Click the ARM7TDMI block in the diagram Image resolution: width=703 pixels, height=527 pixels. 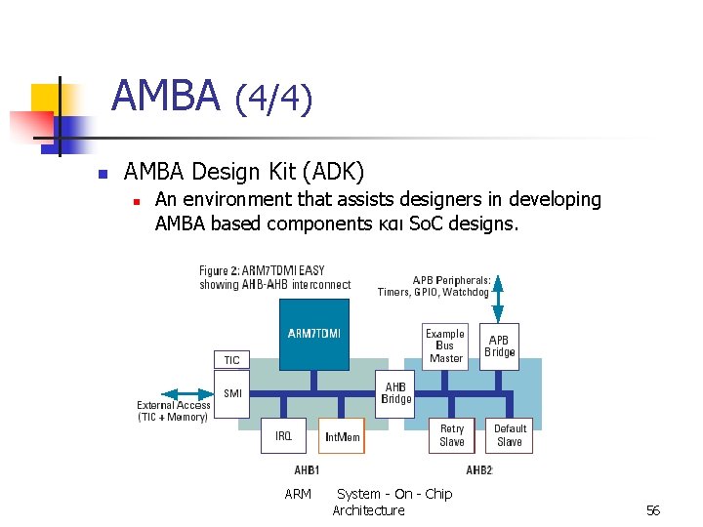click(314, 335)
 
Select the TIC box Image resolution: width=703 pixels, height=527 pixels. click(231, 360)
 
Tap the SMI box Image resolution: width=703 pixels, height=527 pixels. click(232, 394)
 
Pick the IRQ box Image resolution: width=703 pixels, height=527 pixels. click(283, 436)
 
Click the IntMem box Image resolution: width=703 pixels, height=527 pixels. click(342, 436)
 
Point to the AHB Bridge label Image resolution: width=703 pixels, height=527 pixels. click(396, 393)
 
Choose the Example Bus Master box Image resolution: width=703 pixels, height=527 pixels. click(445, 346)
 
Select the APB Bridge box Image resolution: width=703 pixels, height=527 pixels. click(500, 346)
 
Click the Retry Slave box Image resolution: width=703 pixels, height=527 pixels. click(452, 435)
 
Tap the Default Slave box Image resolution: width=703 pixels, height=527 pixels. click(510, 435)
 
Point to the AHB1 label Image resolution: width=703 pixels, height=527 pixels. click(308, 470)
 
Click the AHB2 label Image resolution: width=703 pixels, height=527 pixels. click(479, 470)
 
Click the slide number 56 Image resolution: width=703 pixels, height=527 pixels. click(653, 510)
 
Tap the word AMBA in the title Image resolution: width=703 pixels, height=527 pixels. click(166, 96)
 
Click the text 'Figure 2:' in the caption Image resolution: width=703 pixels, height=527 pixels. click(220, 270)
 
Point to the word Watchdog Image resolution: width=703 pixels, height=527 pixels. click(467, 292)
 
